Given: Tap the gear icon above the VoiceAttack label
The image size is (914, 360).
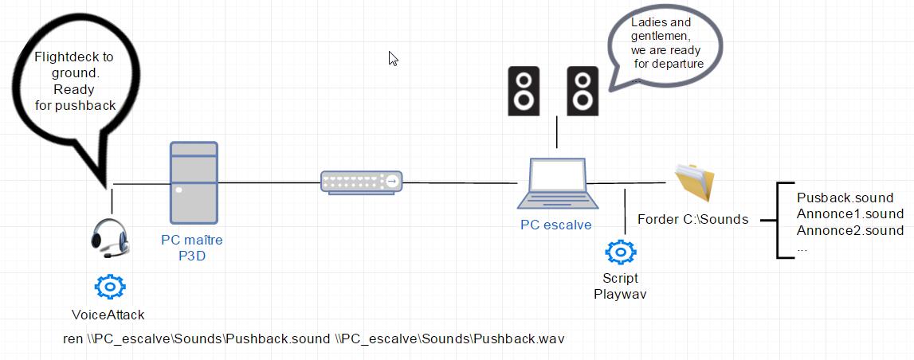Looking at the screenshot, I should pos(109,286).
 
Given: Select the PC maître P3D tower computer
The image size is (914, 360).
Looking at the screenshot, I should pos(194,182).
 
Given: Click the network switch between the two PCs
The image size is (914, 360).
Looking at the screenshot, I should pos(362,182).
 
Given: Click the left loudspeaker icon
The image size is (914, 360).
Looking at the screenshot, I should pos(524,90).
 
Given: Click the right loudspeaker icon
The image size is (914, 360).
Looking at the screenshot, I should pos(583,90).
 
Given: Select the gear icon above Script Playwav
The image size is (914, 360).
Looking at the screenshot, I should pos(619,252).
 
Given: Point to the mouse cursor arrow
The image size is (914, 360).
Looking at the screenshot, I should pos(393,58).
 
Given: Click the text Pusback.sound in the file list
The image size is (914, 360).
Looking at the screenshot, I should pos(845,198).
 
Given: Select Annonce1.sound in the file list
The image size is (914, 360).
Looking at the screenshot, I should pos(849,213).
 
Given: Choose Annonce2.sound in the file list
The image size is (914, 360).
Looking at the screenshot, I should pos(849,230).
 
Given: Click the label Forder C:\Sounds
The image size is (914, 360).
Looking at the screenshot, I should pos(692,219).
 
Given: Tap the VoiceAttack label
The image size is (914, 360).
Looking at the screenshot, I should pos(108,315).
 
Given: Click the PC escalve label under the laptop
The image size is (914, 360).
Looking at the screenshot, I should pos(555,225).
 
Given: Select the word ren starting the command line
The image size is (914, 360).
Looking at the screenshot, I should pos(73,338).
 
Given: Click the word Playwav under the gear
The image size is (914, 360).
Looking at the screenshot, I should pos(620,294).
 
